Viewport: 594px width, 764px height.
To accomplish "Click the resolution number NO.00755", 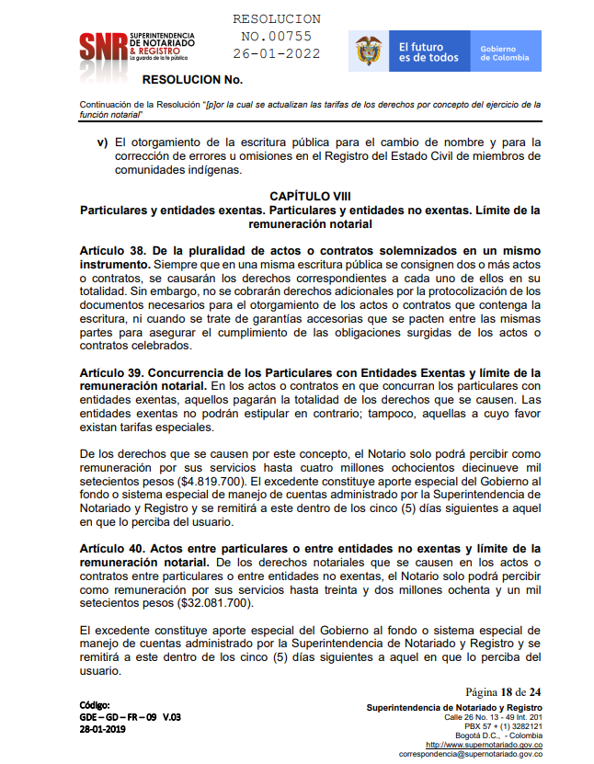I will click(x=277, y=36).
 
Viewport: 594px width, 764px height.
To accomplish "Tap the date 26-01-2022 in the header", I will click(x=277, y=53).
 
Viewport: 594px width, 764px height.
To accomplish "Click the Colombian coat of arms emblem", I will click(x=369, y=51).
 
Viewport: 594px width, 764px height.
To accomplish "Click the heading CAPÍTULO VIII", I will click(x=310, y=197).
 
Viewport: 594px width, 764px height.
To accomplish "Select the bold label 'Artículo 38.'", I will click(x=113, y=250).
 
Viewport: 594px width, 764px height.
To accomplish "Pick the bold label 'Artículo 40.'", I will click(x=113, y=548).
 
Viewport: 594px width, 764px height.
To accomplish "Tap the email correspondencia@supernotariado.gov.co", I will click(x=470, y=754).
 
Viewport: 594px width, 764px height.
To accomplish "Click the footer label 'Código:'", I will click(x=96, y=705).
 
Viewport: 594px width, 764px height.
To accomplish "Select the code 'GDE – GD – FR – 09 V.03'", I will click(x=130, y=717).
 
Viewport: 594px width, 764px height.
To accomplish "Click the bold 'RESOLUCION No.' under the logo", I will click(x=192, y=80).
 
